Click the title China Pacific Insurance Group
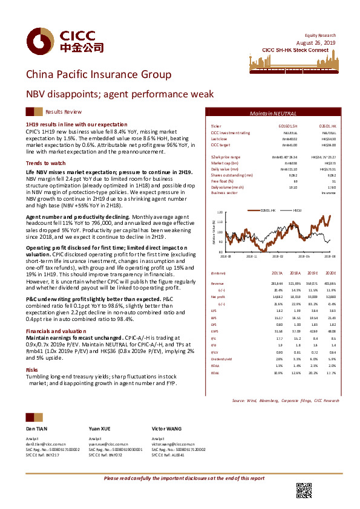pos(90,74)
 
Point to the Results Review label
pos(64,112)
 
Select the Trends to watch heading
pos(42,164)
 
